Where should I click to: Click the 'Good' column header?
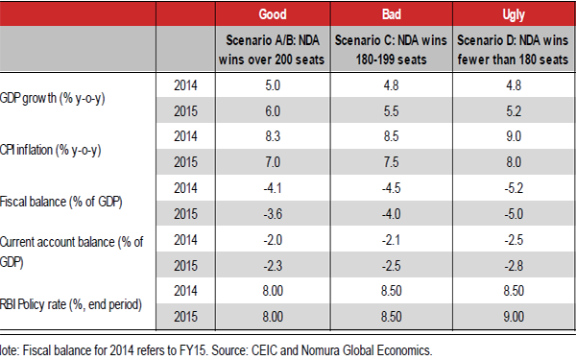(x=278, y=16)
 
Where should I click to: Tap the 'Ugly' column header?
(x=514, y=16)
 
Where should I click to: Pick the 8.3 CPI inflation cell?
(x=278, y=137)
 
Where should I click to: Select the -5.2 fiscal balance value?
(x=514, y=189)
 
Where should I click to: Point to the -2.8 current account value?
(x=514, y=267)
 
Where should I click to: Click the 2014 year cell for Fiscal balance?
(x=186, y=189)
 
